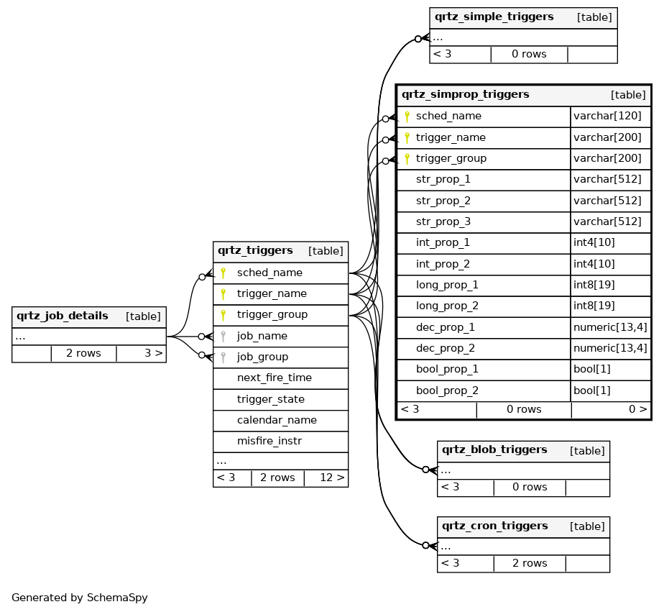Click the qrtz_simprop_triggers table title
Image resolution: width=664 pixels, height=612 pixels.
[465, 94]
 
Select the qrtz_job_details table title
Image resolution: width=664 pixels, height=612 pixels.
[63, 316]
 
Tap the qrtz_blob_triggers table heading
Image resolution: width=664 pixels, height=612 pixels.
[494, 450]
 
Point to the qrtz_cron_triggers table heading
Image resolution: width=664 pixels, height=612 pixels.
[494, 526]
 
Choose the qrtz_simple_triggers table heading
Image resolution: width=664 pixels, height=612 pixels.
[494, 17]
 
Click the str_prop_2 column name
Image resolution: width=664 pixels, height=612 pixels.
[443, 201]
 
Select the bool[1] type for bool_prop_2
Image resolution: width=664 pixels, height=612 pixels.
[592, 391]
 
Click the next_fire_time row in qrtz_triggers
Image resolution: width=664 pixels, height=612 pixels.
[274, 378]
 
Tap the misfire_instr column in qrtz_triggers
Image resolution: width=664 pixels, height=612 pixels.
[269, 441]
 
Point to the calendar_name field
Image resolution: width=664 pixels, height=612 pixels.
[277, 420]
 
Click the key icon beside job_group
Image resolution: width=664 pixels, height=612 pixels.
[223, 357]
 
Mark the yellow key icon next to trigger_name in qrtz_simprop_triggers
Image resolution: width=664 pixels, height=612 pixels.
[407, 137]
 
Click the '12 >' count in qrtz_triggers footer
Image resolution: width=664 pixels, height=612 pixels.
[331, 478]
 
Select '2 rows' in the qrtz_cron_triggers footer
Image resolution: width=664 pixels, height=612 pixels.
[530, 563]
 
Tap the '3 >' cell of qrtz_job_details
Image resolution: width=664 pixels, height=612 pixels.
[153, 353]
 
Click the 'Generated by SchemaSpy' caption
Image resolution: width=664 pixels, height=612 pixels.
[80, 598]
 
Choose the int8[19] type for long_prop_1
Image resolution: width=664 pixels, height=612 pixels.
[594, 285]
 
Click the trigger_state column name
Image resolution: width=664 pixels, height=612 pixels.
[270, 399]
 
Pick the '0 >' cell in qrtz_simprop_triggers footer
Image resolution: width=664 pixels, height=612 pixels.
[637, 409]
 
